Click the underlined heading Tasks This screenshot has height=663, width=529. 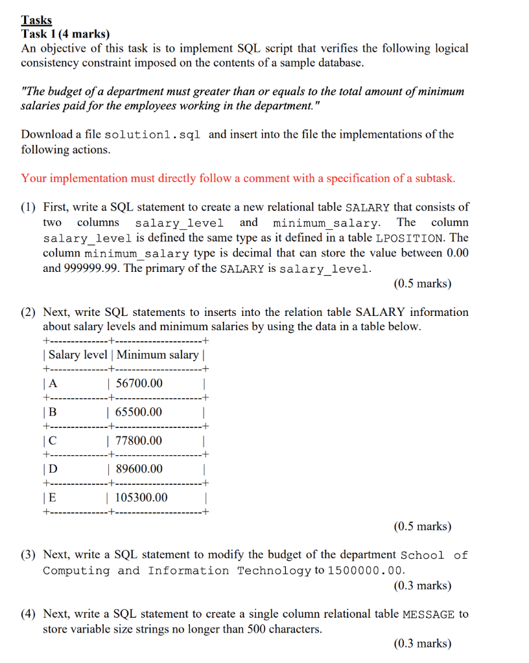click(36, 20)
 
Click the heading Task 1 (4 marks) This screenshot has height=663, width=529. click(65, 34)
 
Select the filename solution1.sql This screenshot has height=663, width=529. click(152, 135)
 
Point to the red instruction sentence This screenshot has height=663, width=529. click(238, 178)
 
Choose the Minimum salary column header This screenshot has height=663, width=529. click(158, 354)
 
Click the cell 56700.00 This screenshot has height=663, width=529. click(139, 383)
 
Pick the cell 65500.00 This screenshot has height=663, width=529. click(139, 412)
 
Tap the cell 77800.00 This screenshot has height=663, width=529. click(139, 441)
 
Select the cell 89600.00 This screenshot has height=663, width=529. click(139, 469)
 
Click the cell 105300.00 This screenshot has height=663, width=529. click(141, 497)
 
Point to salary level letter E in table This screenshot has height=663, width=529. click(53, 497)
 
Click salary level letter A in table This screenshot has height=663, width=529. click(53, 383)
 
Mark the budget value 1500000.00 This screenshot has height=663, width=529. click(367, 570)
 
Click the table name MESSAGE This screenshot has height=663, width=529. click(429, 614)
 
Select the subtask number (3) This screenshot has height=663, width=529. click(29, 555)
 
